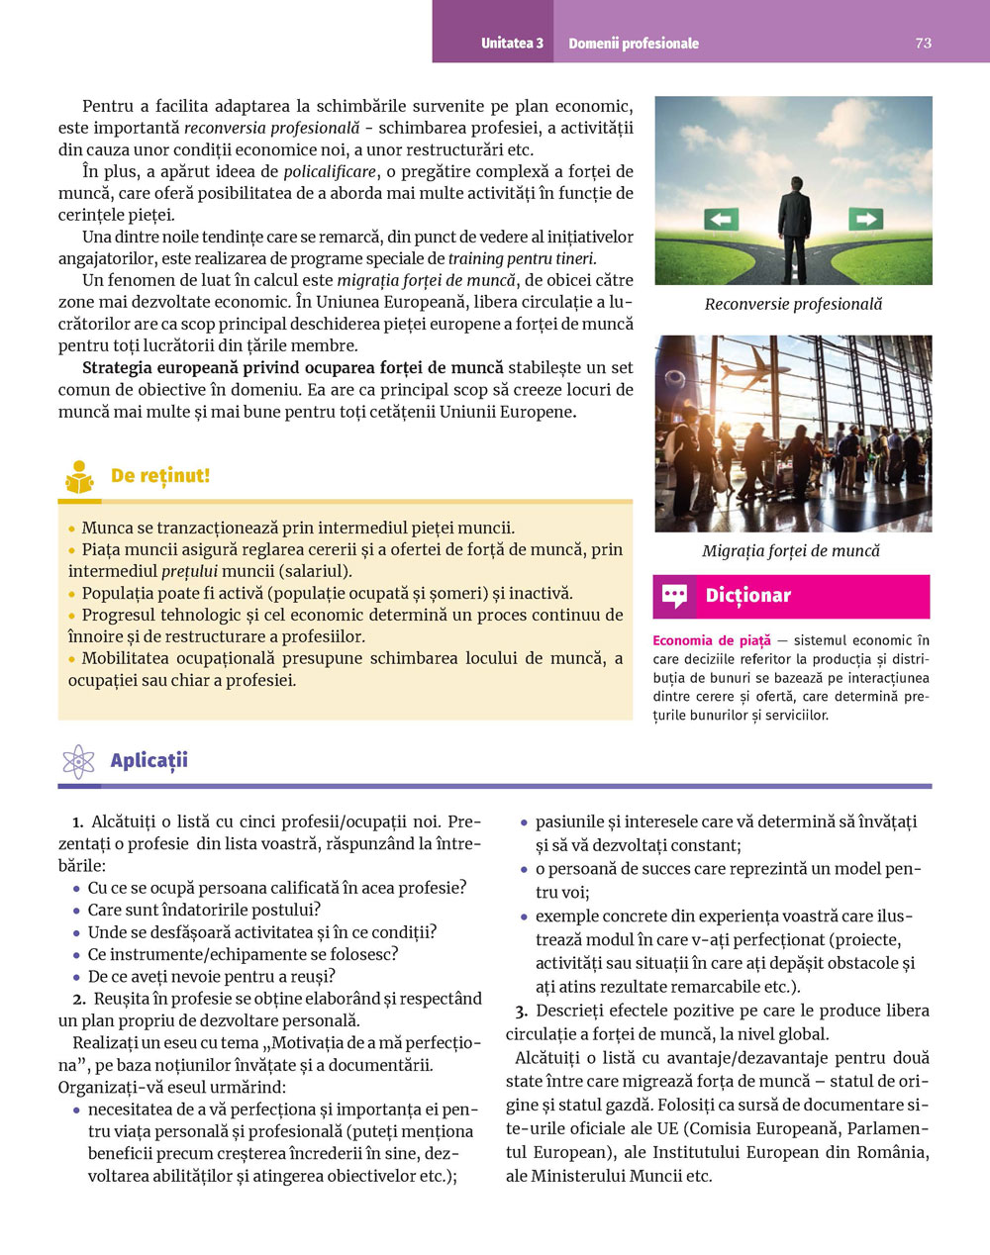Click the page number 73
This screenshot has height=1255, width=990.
[923, 43]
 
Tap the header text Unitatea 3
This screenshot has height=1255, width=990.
[512, 44]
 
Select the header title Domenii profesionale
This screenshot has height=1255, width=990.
[634, 44]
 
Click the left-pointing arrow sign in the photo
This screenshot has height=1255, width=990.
[721, 219]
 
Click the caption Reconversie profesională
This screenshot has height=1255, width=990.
[793, 304]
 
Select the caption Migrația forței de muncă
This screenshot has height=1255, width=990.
[791, 550]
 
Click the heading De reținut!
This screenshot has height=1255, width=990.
[160, 476]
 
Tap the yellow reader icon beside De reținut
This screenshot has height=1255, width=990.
[80, 478]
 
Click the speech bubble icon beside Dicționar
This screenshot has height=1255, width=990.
[674, 596]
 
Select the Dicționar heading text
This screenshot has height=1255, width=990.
[747, 596]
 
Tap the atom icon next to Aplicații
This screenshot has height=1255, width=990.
[78, 761]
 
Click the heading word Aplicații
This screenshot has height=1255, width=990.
[148, 761]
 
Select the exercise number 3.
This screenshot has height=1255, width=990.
[521, 1011]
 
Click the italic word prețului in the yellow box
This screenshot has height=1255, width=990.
[189, 571]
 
